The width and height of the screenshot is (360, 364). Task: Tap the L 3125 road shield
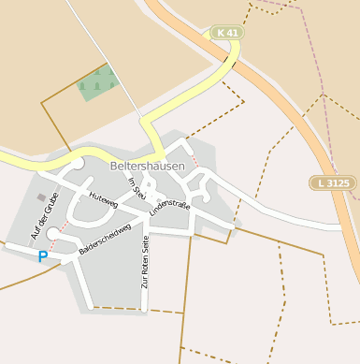[x=334, y=183]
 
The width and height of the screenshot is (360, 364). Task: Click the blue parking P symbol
[x=42, y=255]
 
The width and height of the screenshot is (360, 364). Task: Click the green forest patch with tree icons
[x=98, y=83]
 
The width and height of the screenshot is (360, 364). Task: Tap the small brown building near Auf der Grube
[x=40, y=197]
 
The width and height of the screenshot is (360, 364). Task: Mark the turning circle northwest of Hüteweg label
[x=77, y=163]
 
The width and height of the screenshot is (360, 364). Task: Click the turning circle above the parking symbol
[x=53, y=233]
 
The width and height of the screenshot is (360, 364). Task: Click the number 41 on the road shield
[x=231, y=33]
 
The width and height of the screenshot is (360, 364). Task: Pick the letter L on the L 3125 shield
[x=321, y=183]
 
